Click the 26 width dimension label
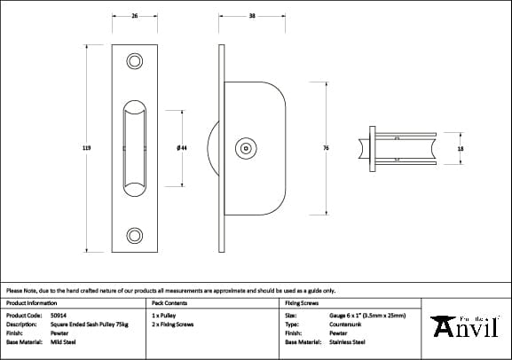coord(134,16)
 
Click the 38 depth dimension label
coord(253,16)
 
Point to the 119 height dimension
coord(85,148)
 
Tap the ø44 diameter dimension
coord(181,148)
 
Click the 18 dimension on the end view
coord(460,149)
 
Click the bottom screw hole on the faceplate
coord(134,235)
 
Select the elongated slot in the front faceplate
coord(134,148)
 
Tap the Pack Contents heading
coord(169,302)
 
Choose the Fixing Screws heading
coord(302,302)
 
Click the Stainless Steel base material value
coord(347,341)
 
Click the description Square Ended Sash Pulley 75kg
coord(91,325)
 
